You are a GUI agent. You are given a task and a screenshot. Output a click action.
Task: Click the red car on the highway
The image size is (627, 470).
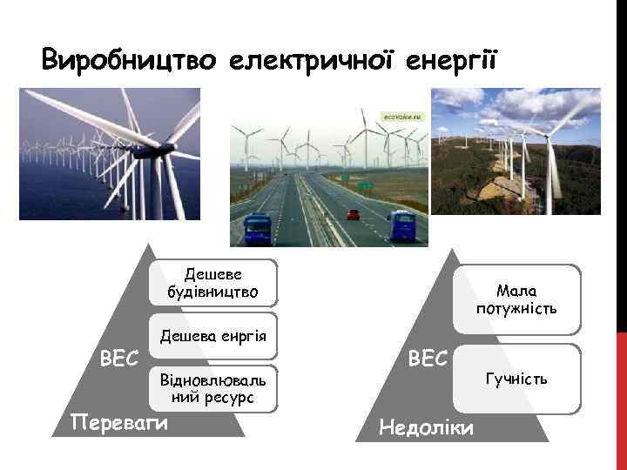click(x=353, y=213)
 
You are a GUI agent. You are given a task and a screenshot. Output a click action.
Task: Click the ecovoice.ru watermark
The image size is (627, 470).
click(x=403, y=115)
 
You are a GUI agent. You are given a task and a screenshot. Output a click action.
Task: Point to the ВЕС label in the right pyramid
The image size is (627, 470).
click(x=428, y=358)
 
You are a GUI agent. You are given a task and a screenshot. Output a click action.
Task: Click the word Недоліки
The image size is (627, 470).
click(x=427, y=426)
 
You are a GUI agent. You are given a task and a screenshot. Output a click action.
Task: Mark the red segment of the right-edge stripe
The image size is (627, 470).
click(x=621, y=400)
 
